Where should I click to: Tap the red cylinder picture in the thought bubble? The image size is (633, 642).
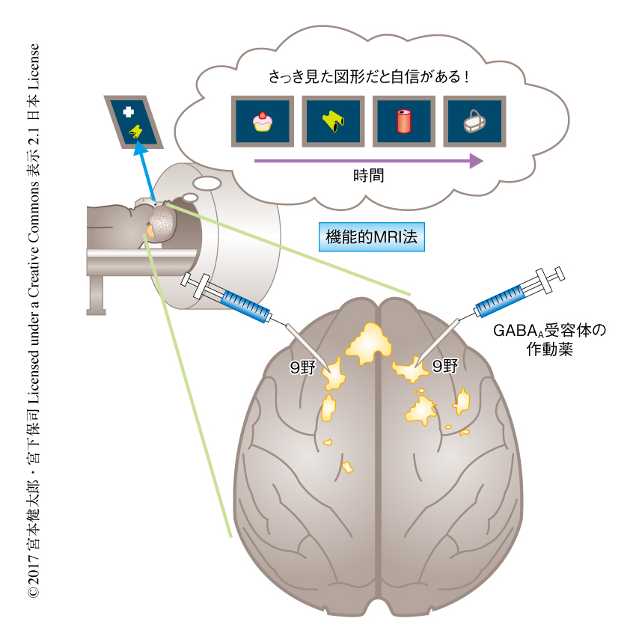[404, 121]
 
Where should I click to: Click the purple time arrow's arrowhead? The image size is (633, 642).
[474, 161]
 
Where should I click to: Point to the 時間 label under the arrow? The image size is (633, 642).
[368, 177]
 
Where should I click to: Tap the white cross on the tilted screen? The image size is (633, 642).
[128, 111]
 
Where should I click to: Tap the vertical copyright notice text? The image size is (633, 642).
[33, 321]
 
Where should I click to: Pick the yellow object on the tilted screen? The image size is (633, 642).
[136, 132]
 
